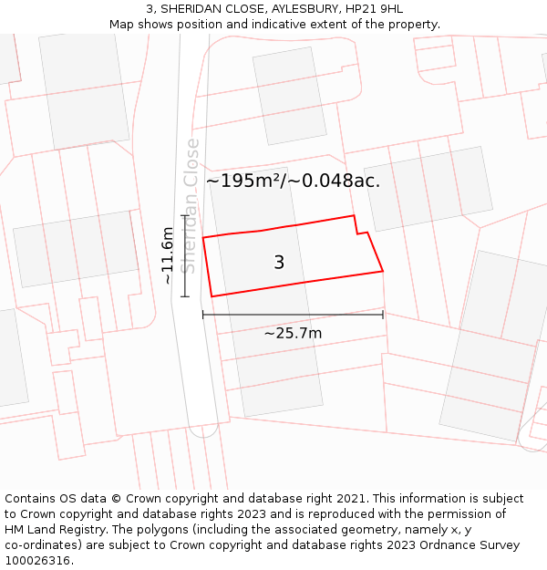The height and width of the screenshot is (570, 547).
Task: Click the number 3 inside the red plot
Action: pos(279,263)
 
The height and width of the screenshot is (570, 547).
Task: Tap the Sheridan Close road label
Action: pos(190,205)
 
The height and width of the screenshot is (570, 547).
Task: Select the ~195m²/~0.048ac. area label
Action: pos(293,181)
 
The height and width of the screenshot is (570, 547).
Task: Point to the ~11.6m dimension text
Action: pos(168,256)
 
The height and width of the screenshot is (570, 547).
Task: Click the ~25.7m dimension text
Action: pos(293,333)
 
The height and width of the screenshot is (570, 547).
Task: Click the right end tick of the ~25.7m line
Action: pos(383,315)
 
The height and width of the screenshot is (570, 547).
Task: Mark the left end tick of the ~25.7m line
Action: pos(202,315)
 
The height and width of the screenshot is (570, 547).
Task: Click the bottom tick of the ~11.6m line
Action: pos(185,296)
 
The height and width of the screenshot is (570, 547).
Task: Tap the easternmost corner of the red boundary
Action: pos(383,271)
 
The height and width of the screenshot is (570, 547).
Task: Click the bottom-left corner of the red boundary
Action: pos(212,296)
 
